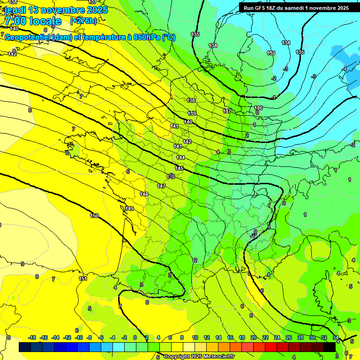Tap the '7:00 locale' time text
32,21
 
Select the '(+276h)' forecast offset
83,21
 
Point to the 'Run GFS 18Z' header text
261,7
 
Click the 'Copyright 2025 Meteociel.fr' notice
199,356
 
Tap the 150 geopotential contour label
94,216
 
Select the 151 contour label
82,278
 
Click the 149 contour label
129,209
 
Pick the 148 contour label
144,194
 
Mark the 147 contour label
161,186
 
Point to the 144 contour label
180,157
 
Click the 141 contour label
174,126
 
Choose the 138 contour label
191,100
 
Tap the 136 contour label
258,108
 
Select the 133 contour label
271,53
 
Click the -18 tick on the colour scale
32,337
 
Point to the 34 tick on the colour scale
335,337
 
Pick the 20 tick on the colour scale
253,337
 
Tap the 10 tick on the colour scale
195,337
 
